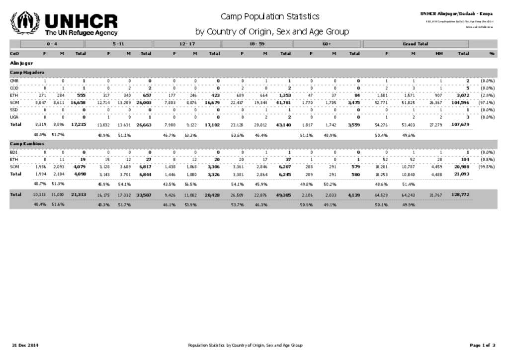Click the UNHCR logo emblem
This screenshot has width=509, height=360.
click(25, 23)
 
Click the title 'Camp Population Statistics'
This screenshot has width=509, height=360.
click(270, 17)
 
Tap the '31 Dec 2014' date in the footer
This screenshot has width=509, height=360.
click(25, 345)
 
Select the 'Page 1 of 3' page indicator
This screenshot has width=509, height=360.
click(482, 345)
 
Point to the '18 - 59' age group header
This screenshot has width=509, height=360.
click(257, 44)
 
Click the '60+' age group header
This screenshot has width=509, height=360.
click(327, 44)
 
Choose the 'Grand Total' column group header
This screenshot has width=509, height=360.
click(415, 44)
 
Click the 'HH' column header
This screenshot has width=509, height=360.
click(439, 53)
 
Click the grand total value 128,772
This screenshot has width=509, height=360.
click(460, 195)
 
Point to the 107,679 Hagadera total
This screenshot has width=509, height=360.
click(460, 124)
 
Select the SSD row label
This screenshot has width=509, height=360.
click(14, 109)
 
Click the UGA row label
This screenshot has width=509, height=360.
click(14, 117)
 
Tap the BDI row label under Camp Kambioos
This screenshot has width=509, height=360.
click(13, 152)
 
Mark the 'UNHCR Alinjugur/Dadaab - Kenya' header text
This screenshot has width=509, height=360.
click(456, 13)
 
